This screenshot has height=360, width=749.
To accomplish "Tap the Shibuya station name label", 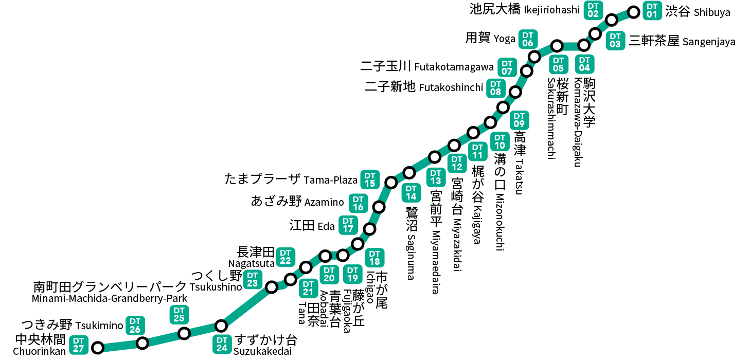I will [x=697, y=12].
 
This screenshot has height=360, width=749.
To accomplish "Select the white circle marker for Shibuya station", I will [x=634, y=11].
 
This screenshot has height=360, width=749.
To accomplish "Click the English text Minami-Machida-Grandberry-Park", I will [x=109, y=298].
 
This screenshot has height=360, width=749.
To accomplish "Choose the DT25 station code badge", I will [x=179, y=315].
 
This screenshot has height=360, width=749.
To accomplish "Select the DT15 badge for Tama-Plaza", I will [x=370, y=179].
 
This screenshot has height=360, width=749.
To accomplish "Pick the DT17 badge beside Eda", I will [x=348, y=225].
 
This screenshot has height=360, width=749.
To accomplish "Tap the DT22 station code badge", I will [x=286, y=257].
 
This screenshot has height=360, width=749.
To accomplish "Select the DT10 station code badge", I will [x=499, y=141].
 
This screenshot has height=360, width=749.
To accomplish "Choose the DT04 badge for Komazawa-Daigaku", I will [x=584, y=63].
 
